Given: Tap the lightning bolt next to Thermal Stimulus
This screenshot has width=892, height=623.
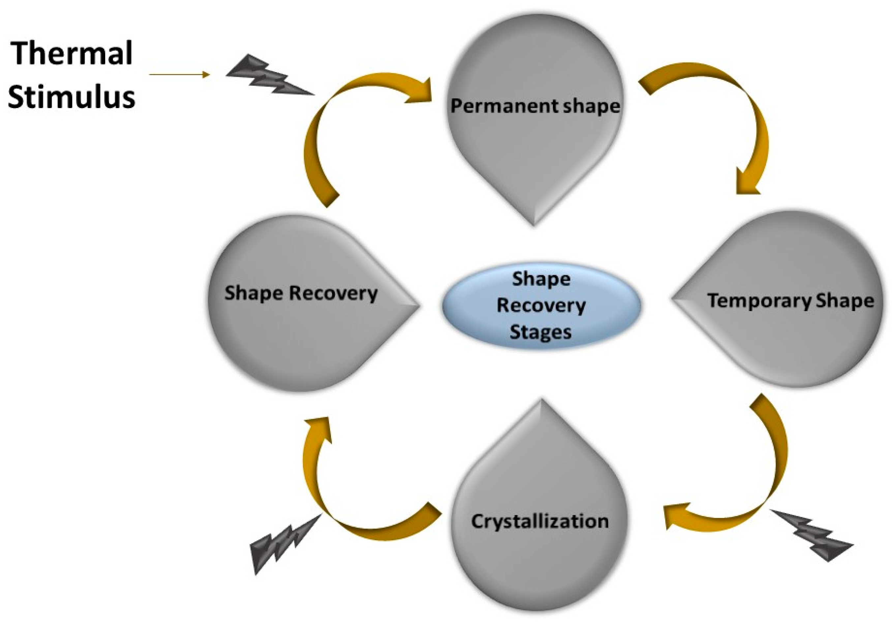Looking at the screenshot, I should coord(268,76).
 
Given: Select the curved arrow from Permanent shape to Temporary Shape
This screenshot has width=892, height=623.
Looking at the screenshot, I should coord(738,117).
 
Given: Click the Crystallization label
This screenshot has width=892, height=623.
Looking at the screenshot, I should coord(540,521).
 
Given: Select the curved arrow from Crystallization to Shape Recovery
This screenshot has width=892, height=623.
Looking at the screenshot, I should coord(342,505).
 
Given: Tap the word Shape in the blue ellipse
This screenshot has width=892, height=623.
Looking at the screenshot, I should coord(541,279).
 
